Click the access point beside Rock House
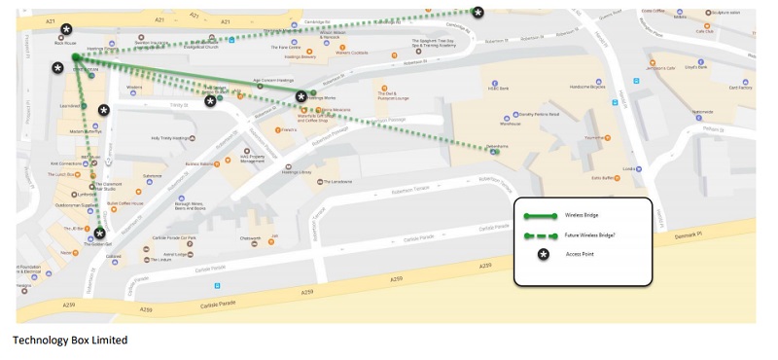pos(66,30)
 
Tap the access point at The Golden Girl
pos(99,234)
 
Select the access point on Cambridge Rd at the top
pos(477,12)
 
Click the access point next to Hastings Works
pos(301,96)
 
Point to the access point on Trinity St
pos(210,101)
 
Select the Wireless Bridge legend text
pos(584,215)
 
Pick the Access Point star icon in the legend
pos(544,254)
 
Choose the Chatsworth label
pos(249,237)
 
